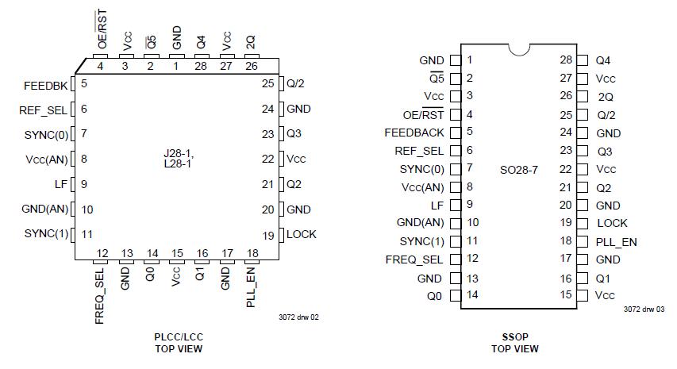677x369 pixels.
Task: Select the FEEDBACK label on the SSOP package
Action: tap(414, 133)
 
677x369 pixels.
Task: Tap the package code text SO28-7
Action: tap(519, 169)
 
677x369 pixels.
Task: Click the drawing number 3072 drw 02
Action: tap(298, 317)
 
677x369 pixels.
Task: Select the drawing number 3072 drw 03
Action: tap(644, 309)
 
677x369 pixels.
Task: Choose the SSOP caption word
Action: tap(514, 336)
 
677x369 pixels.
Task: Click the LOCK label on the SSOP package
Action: tap(611, 223)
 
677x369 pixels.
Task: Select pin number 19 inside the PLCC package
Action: tap(267, 235)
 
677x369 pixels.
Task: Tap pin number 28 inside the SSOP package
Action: tap(565, 60)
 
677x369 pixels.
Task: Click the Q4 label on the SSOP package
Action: tap(603, 60)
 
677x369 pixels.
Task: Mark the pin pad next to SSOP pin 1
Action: tap(455, 60)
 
